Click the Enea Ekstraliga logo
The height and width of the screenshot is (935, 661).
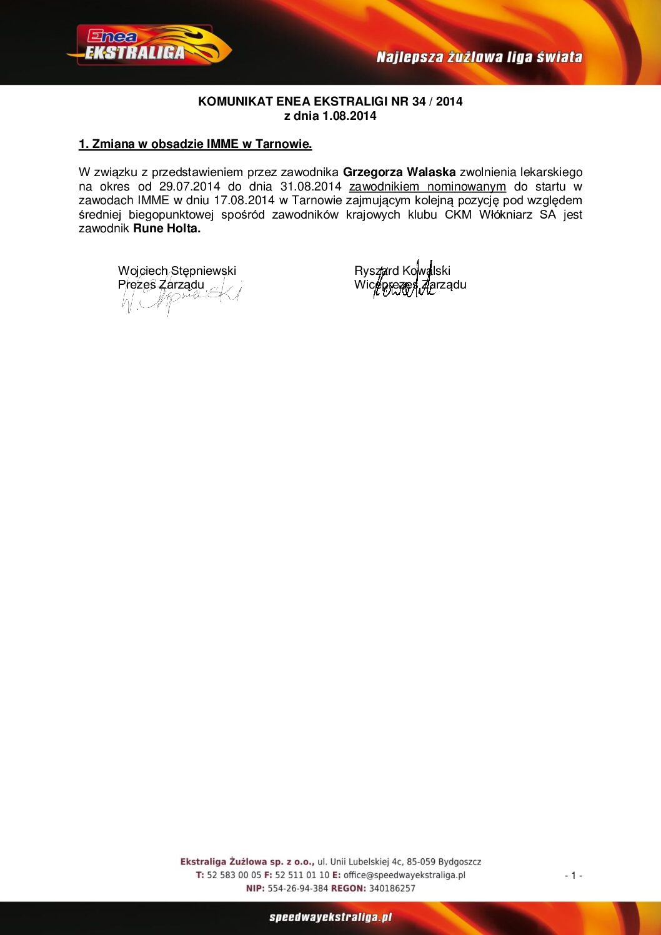[149, 46]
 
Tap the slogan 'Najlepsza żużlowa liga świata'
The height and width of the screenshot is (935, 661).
[479, 57]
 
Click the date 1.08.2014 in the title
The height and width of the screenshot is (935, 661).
[349, 116]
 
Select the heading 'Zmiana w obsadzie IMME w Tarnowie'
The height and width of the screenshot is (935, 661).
[195, 144]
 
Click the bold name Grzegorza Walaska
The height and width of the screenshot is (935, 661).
[399, 172]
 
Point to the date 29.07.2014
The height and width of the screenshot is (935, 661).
[189, 187]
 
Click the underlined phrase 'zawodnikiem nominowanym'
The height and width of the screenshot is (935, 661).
[427, 187]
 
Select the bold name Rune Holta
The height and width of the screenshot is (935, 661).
[167, 229]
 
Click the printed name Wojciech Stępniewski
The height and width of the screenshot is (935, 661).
[177, 270]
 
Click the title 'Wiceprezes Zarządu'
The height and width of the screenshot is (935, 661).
[410, 285]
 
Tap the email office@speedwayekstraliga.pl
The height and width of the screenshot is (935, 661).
[404, 875]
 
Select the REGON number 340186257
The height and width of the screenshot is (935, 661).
[392, 888]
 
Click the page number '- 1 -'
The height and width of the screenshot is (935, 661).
[573, 876]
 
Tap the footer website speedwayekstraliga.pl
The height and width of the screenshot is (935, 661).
[330, 917]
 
